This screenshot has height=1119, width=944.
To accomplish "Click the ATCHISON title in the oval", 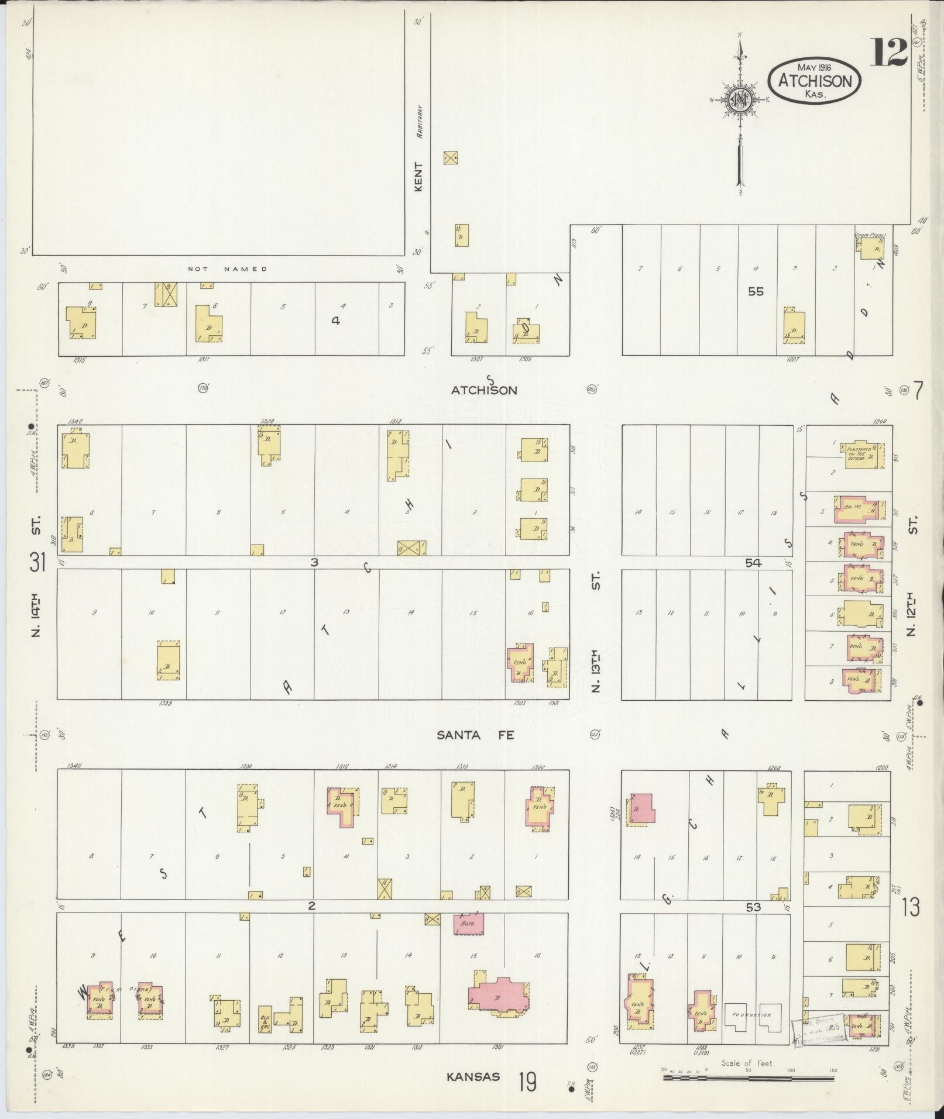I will tap(815, 81).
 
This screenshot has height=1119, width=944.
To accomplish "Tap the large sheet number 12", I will tap(888, 53).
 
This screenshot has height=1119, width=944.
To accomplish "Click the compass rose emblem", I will tap(740, 99).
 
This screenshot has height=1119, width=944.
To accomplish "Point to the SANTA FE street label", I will tap(475, 735).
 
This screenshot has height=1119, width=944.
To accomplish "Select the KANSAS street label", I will tap(473, 1077).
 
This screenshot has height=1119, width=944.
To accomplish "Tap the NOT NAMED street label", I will tap(227, 269).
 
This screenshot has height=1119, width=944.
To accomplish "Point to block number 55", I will tap(756, 291).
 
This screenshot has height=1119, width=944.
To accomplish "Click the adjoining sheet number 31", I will tap(37, 563).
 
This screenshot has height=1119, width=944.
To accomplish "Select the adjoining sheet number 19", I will tap(527, 1082).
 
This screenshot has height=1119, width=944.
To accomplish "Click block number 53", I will tap(753, 924).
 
